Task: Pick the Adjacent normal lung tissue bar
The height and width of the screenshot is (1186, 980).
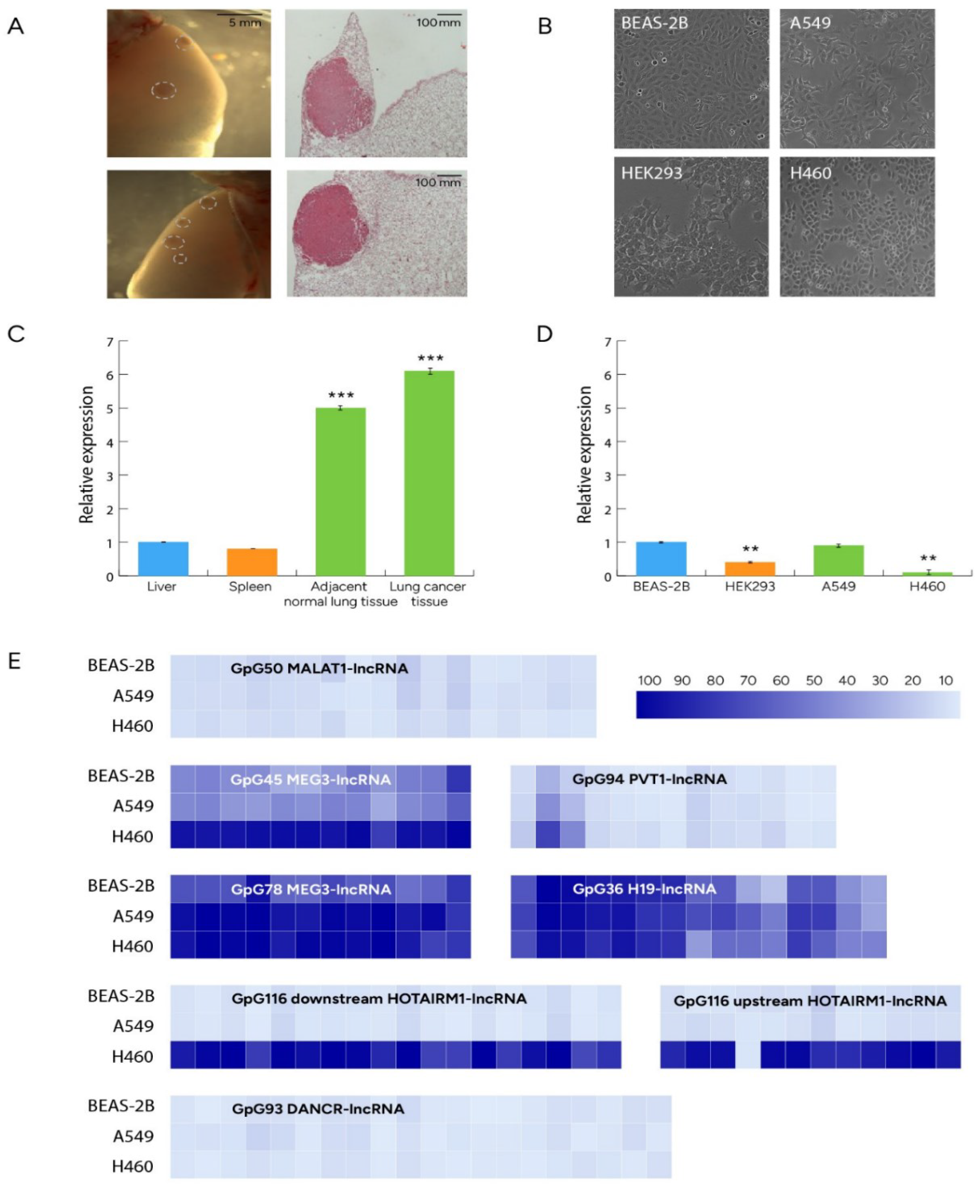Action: pos(340,491)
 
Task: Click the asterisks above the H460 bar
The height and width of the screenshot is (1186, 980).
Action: pos(928,558)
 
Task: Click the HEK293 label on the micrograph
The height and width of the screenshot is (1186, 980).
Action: pos(651,173)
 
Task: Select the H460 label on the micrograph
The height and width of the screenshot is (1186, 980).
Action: pos(811,173)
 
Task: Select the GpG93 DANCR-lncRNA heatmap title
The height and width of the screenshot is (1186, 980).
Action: pos(318,1109)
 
